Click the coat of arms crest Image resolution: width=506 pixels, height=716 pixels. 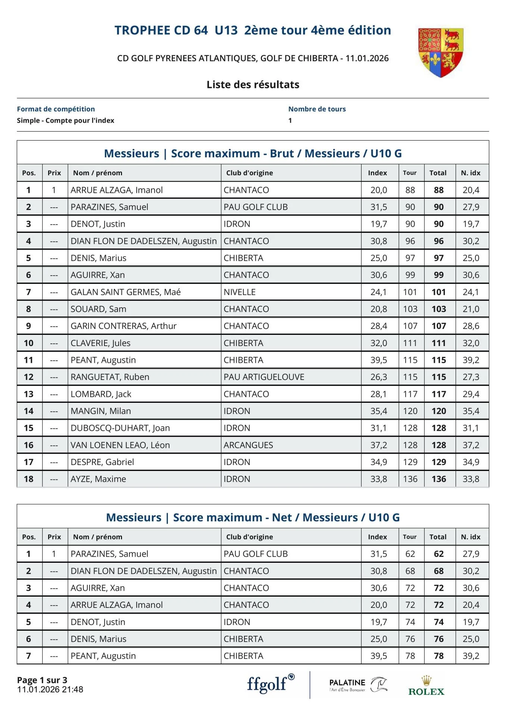(440, 52)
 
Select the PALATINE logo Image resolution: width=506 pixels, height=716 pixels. (358, 685)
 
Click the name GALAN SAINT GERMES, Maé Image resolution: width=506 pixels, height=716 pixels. (125, 292)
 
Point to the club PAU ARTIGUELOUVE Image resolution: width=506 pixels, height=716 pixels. (264, 377)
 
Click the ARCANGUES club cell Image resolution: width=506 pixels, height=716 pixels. (248, 445)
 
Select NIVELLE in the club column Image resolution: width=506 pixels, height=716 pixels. (240, 292)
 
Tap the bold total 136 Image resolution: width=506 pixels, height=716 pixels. (438, 479)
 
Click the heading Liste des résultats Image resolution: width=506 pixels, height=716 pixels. (253, 85)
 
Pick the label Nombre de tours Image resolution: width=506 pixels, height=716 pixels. (317, 109)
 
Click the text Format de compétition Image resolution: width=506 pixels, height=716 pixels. (56, 109)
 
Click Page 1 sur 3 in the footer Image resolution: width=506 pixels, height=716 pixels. (42, 680)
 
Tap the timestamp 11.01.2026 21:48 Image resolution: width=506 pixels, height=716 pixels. (50, 690)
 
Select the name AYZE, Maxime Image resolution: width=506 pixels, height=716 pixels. (98, 479)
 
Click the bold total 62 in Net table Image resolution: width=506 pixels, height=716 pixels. (438, 554)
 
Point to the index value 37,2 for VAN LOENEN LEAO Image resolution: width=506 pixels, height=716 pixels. (378, 445)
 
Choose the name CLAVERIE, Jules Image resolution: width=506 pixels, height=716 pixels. (100, 343)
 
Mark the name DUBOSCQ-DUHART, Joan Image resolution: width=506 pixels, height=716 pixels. (120, 428)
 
